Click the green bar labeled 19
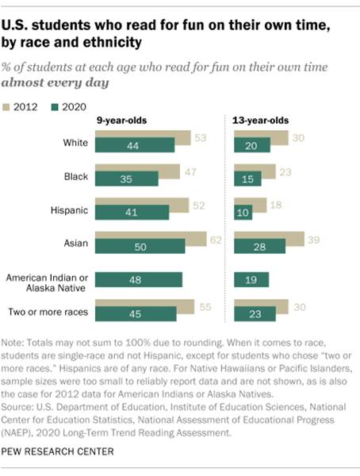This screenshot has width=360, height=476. [251, 278]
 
